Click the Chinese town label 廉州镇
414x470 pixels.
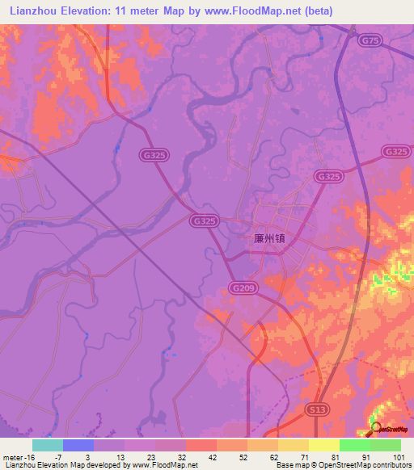271,239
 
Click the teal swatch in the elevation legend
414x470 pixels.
48,445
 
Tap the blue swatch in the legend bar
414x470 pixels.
78,445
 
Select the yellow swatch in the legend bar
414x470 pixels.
323,445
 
